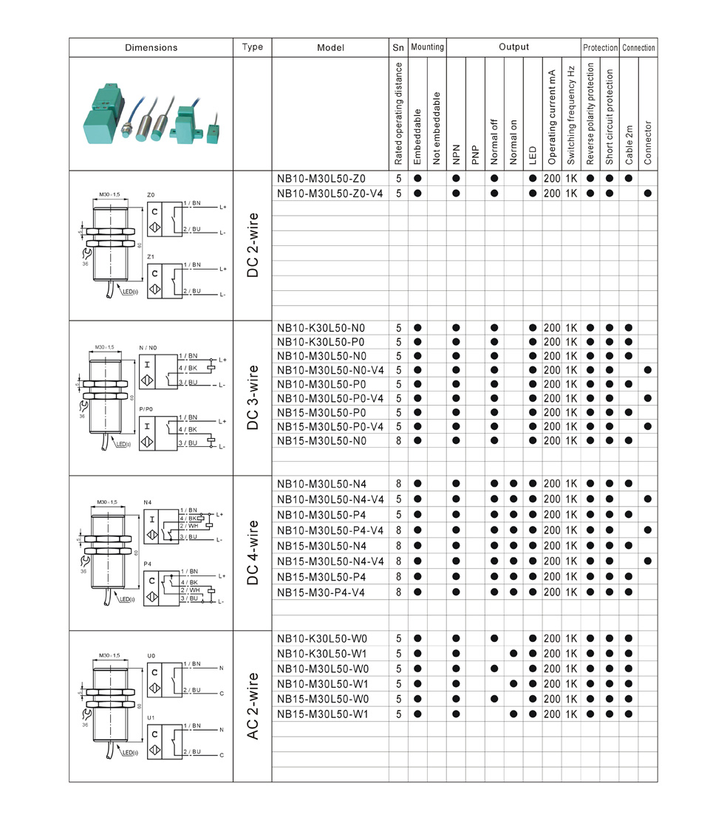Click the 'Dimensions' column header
151,47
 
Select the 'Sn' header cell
398,47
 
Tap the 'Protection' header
600,47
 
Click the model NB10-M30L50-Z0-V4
330,194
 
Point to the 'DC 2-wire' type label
253,246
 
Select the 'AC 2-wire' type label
253,706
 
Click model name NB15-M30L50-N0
321,440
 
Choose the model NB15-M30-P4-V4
321,592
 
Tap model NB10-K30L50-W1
322,654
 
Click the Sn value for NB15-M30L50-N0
398,440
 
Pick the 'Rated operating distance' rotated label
398,113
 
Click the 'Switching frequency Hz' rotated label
571,114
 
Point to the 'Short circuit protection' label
610,117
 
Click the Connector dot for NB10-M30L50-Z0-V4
648,194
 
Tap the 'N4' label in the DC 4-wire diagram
147,501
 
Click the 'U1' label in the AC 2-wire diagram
151,717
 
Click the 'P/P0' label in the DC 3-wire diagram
146,409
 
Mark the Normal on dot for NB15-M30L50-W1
513,714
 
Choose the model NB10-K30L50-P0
321,342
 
